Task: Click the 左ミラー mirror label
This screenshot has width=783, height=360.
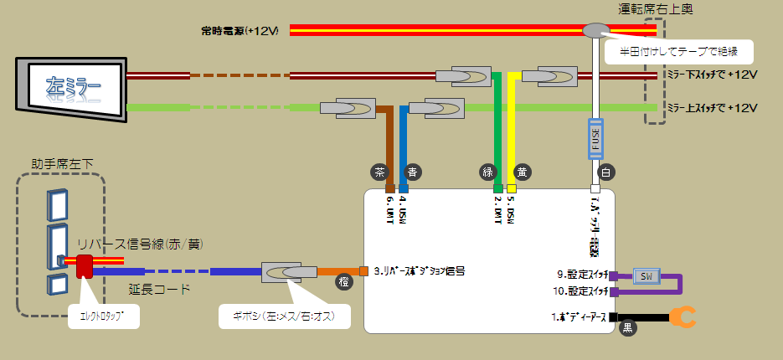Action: [x=74, y=85]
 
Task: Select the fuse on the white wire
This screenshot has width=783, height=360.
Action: [x=596, y=139]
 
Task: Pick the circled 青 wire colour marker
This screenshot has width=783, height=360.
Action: [x=412, y=172]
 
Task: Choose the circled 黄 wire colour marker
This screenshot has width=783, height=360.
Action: [x=522, y=172]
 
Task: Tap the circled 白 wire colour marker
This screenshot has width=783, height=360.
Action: [x=606, y=172]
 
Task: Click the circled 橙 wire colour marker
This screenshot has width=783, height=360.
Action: [x=344, y=282]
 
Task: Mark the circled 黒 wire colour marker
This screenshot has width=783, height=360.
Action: [x=628, y=329]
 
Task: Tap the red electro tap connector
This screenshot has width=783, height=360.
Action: [x=85, y=267]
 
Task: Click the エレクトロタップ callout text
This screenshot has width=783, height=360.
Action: [x=102, y=317]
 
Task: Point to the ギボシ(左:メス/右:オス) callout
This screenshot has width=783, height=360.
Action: [x=285, y=317]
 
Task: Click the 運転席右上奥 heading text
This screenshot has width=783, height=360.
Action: [x=656, y=10]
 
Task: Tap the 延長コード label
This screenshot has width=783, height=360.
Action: [x=159, y=289]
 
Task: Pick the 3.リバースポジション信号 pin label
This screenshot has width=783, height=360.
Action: [x=419, y=271]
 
